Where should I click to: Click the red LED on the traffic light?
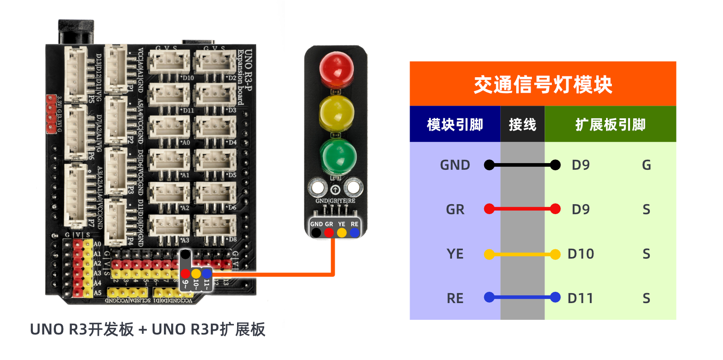tap(336, 70)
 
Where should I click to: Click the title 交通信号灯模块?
tap(542, 84)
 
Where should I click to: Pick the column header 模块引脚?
tap(455, 124)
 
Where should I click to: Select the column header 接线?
tap(522, 124)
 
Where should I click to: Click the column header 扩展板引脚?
tap(610, 124)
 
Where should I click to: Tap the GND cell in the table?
tap(455, 165)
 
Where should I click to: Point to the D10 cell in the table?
tap(581, 254)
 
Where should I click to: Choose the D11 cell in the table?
tap(580, 298)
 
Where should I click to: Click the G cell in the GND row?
tap(646, 165)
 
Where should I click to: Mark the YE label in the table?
tap(455, 254)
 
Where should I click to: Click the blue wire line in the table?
tap(522, 297)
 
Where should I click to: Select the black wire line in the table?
tap(522, 165)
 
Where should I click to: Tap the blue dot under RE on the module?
tap(355, 233)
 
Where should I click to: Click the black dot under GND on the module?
tap(316, 233)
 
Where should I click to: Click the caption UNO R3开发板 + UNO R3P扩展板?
tap(147, 329)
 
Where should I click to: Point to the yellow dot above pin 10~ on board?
tap(196, 273)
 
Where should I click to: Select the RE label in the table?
tap(455, 298)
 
